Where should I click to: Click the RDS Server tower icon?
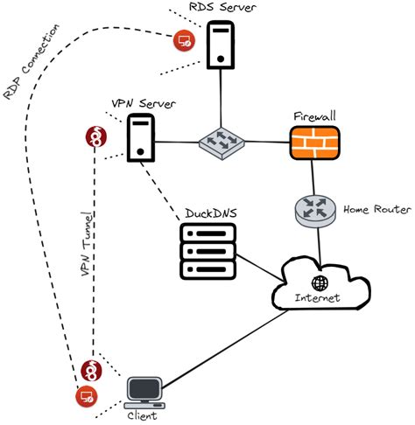click(x=219, y=46)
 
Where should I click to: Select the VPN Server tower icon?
click(x=141, y=139)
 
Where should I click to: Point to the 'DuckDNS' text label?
click(x=210, y=213)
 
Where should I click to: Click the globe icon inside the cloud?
click(x=320, y=283)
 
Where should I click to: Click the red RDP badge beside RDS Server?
click(x=183, y=39)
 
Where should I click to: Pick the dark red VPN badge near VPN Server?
click(x=95, y=136)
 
